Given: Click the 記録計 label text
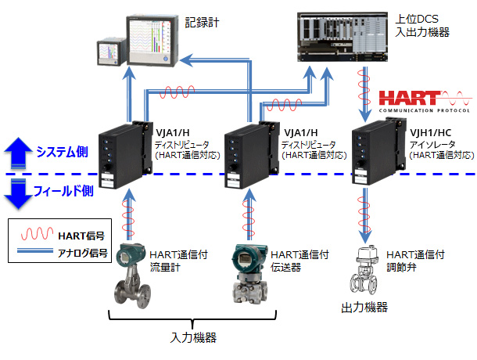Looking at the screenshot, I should click(x=203, y=24).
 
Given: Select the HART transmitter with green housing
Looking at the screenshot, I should click(x=247, y=274).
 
